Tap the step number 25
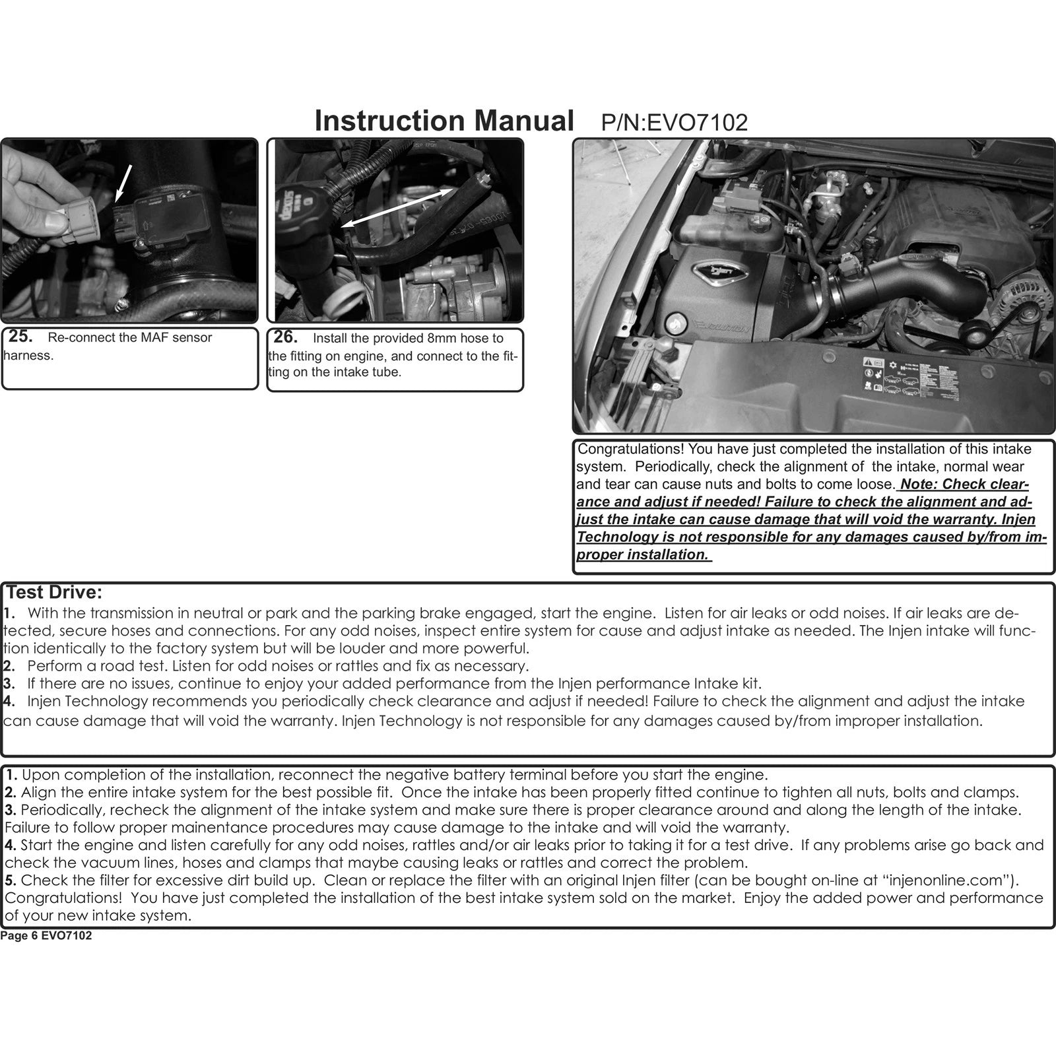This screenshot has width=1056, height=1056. [20, 336]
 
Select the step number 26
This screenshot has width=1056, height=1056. [285, 337]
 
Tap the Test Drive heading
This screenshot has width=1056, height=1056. [54, 592]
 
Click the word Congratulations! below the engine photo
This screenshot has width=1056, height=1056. [630, 449]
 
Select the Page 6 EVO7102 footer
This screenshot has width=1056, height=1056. [46, 936]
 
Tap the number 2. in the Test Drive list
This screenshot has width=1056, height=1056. [9, 666]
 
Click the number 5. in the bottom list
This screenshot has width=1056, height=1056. [11, 880]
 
